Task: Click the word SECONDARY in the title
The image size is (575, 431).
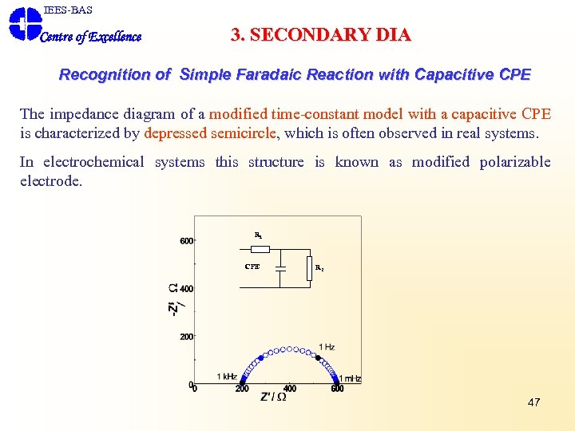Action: [x=303, y=35]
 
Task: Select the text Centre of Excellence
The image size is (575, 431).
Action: [x=90, y=37]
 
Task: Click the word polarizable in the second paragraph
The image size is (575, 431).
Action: [x=515, y=162]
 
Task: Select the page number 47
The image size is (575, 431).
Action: [x=533, y=402]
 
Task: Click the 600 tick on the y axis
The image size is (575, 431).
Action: [x=185, y=241]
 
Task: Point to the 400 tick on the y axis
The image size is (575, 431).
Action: [x=185, y=289]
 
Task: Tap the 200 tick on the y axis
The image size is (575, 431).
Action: [x=185, y=337]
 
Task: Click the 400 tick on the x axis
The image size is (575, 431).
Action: [x=289, y=389]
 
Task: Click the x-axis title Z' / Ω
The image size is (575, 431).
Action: [x=273, y=397]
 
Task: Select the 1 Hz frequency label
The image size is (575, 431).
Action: [x=326, y=347]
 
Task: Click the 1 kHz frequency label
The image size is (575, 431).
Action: [x=227, y=376]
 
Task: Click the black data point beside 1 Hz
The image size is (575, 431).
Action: [x=319, y=358]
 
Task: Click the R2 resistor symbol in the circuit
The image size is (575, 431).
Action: [x=309, y=268]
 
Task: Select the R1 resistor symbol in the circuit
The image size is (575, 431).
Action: [x=260, y=248]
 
